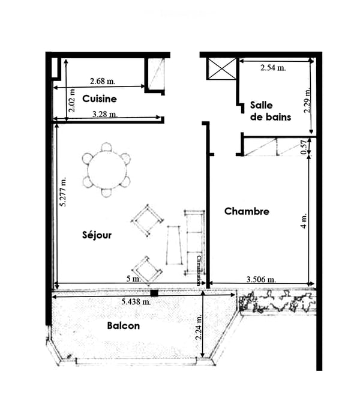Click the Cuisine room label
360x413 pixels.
tap(99, 99)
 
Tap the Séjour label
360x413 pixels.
tap(97, 235)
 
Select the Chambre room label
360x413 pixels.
tap(247, 211)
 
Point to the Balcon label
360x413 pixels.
tap(123, 326)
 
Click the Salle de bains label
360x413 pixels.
tap(271, 111)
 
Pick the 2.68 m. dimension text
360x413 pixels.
tap(103, 81)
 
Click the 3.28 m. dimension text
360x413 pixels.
tap(105, 114)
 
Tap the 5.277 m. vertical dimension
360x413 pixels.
tap(63, 191)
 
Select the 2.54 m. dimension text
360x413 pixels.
tap(273, 68)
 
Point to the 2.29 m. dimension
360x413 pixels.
tap(307, 100)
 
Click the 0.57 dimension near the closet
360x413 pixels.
tap(304, 147)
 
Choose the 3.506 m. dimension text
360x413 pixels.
tap(261, 279)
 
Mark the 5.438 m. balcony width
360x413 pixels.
tap(136, 302)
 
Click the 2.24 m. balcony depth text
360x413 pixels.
tap(199, 327)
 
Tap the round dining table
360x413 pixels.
tap(107, 170)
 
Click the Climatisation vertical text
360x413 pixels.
tap(199, 271)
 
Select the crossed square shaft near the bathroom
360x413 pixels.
tap(222, 69)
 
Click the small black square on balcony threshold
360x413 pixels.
tap(154, 293)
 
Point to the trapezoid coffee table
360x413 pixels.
tap(174, 245)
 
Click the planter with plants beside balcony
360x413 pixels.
tap(277, 301)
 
